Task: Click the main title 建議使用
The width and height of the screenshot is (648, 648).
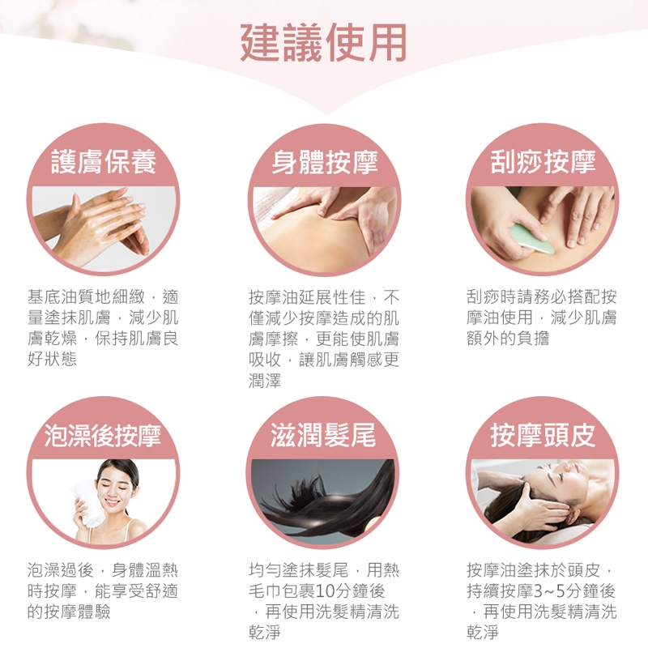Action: pos(323,43)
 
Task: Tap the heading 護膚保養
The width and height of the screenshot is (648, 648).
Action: pos(104,161)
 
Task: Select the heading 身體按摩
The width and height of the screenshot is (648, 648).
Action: pos(325,161)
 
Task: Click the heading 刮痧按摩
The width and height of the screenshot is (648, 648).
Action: pos(543,161)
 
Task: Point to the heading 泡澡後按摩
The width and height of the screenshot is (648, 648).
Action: pos(103,435)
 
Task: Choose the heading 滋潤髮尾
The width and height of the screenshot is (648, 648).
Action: pos(323,435)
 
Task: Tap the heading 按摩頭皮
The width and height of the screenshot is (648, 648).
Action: pos(543,435)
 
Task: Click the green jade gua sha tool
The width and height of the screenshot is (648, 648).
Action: pos(532,239)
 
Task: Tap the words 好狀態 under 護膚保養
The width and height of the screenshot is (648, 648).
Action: pos(52,359)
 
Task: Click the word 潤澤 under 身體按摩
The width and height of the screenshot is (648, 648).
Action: pos(265,380)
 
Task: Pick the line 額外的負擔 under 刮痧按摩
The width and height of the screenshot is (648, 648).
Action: pos(508,338)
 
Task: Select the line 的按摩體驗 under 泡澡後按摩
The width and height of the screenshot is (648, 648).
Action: pos(69,612)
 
